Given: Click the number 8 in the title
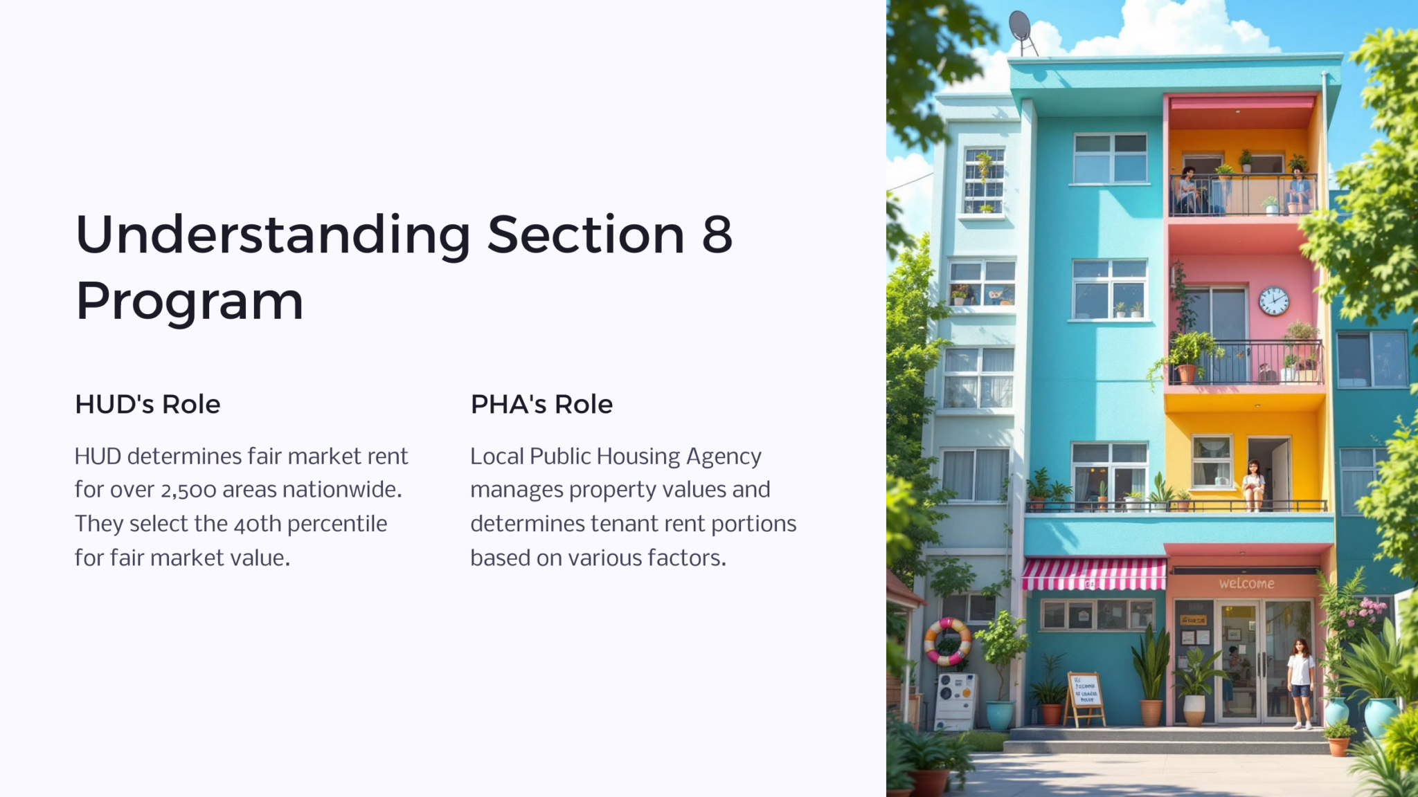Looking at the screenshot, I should [x=717, y=235].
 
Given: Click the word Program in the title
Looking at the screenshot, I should [x=189, y=302].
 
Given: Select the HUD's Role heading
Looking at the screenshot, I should [x=147, y=404].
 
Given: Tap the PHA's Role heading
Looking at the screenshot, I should [x=541, y=404].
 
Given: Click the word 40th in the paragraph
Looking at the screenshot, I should [x=258, y=524].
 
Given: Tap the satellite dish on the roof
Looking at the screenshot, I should [x=1021, y=28].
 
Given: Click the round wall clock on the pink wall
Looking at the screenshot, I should [x=1273, y=301].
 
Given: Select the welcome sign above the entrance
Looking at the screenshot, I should [x=1246, y=583].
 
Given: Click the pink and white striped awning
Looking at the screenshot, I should [x=1094, y=574].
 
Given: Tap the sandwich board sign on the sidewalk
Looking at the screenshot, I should [x=1084, y=697].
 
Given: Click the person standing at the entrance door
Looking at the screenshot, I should [x=1300, y=682].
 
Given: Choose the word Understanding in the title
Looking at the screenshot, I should [x=273, y=235].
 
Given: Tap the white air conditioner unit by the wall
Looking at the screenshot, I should [x=954, y=701].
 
